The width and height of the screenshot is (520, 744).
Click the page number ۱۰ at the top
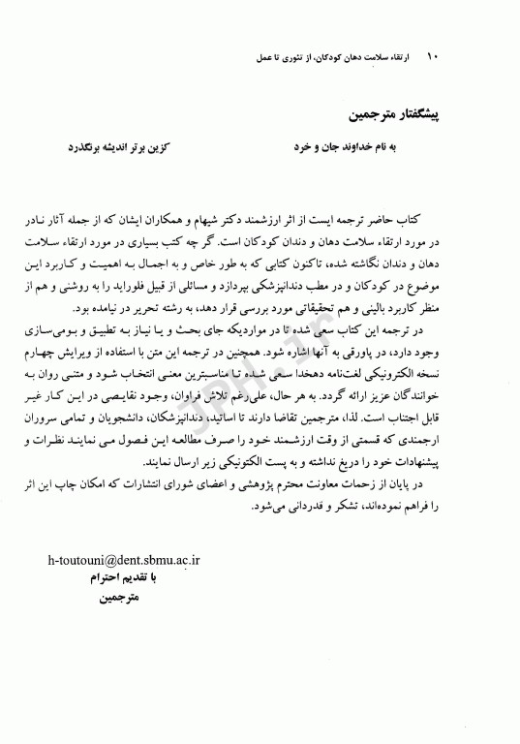point(433,57)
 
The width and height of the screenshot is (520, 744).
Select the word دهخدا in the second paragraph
point(300,381)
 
